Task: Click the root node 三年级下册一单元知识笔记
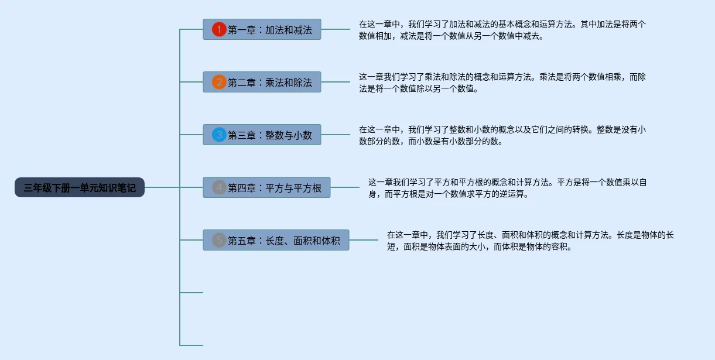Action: (x=80, y=188)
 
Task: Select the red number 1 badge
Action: (x=219, y=29)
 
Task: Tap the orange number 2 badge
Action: (x=219, y=82)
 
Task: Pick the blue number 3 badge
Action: (x=219, y=135)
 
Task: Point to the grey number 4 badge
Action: (x=219, y=188)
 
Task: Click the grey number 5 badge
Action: (x=219, y=240)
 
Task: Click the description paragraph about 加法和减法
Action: (x=502, y=30)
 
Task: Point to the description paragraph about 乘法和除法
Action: (x=502, y=83)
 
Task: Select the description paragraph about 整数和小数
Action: (x=502, y=136)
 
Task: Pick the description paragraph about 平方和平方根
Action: (x=507, y=188)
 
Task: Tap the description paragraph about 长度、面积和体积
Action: (x=530, y=241)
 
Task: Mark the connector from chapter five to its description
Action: (x=363, y=240)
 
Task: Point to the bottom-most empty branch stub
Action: (x=191, y=345)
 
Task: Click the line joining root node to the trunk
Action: (x=162, y=187)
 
